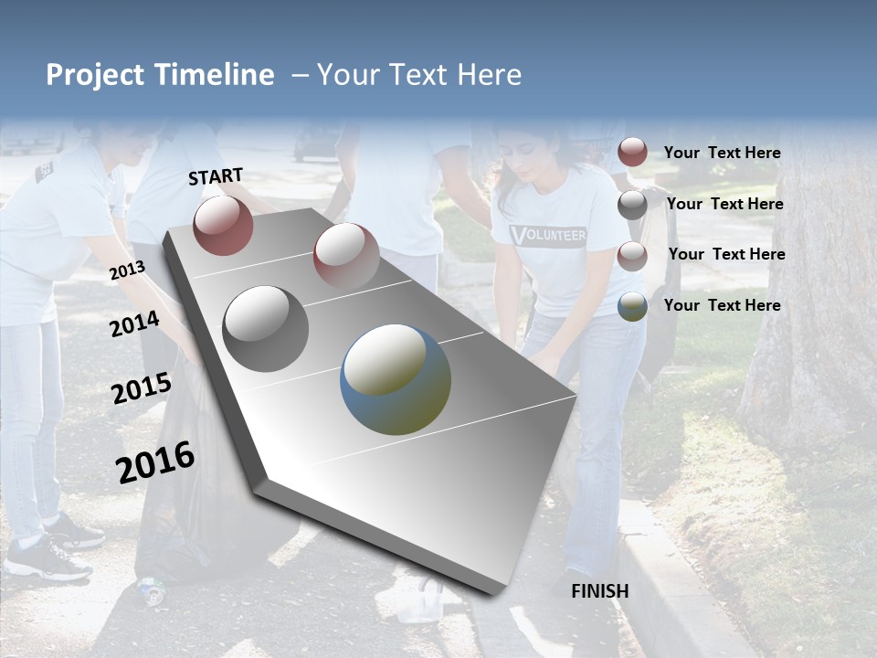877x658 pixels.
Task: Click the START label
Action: tap(216, 176)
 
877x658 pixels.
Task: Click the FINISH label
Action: tap(599, 591)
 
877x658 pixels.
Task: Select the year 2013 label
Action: tap(127, 270)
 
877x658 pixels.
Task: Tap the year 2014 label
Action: tap(134, 324)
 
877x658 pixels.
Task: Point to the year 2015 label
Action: tap(142, 388)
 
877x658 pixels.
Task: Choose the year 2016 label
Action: tap(155, 462)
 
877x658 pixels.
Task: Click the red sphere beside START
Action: tap(223, 226)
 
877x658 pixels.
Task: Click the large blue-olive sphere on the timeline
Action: tap(396, 379)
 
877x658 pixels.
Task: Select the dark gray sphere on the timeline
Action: tap(266, 328)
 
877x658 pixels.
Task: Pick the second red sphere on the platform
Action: tap(345, 255)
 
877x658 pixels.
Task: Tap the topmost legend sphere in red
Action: tap(632, 153)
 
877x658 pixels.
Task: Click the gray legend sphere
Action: tap(632, 205)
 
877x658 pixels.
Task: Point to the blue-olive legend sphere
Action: tap(632, 306)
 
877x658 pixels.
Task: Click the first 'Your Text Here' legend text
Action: tap(722, 153)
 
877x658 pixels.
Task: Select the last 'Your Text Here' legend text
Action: tap(722, 305)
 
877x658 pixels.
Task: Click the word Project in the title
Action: tap(94, 75)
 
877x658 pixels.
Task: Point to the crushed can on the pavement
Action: tap(152, 590)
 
